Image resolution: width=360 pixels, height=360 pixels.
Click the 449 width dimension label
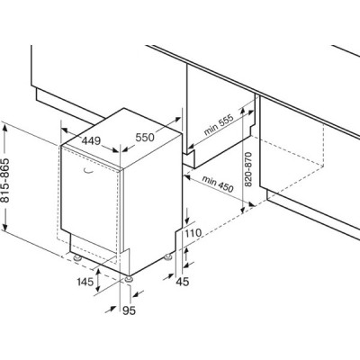(91, 140)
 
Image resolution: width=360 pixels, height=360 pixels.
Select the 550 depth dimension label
(145, 138)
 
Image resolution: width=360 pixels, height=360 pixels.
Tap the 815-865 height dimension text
(5, 180)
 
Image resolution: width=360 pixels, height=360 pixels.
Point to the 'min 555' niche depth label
(219, 125)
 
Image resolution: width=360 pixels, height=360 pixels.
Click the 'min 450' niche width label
(218, 184)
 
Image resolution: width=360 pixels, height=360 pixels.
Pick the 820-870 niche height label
(248, 169)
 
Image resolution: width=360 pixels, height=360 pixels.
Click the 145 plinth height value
(85, 282)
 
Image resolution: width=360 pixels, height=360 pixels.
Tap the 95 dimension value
(130, 311)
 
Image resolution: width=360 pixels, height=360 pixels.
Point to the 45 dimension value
(183, 282)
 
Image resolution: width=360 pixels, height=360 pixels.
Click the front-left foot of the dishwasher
(78, 258)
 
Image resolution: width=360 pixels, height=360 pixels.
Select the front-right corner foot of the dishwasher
(130, 279)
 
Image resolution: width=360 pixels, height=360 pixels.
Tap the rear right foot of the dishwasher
(167, 256)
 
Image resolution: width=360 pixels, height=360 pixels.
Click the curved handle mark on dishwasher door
(88, 172)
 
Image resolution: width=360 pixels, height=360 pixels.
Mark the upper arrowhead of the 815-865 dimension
(5, 128)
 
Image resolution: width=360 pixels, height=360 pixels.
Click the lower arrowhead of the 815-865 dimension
(5, 226)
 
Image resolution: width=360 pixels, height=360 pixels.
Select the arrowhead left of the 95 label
(112, 309)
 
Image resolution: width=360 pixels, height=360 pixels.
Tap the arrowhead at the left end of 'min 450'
(188, 177)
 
